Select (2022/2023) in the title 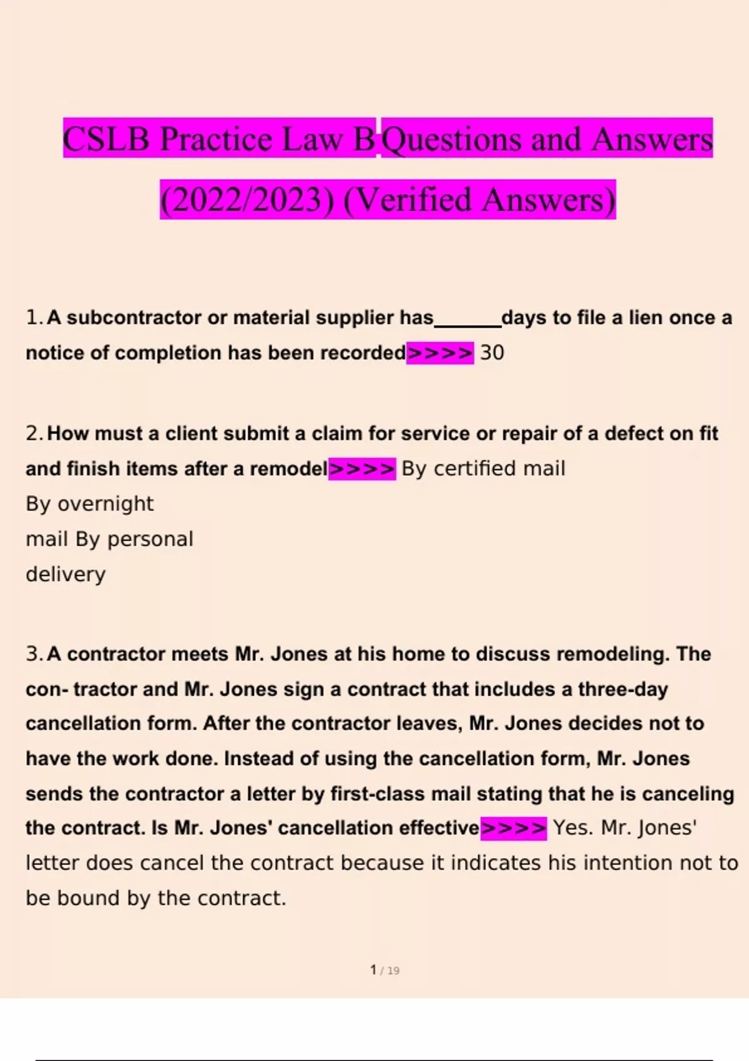tap(247, 200)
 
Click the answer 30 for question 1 tap(492, 353)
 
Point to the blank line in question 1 tap(468, 323)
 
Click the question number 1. tap(32, 318)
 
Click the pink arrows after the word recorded tap(439, 353)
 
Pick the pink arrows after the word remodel tap(362, 468)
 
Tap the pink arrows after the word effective tap(514, 828)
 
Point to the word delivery tap(66, 574)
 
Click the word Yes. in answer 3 tap(573, 828)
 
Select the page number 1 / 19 tap(384, 970)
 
